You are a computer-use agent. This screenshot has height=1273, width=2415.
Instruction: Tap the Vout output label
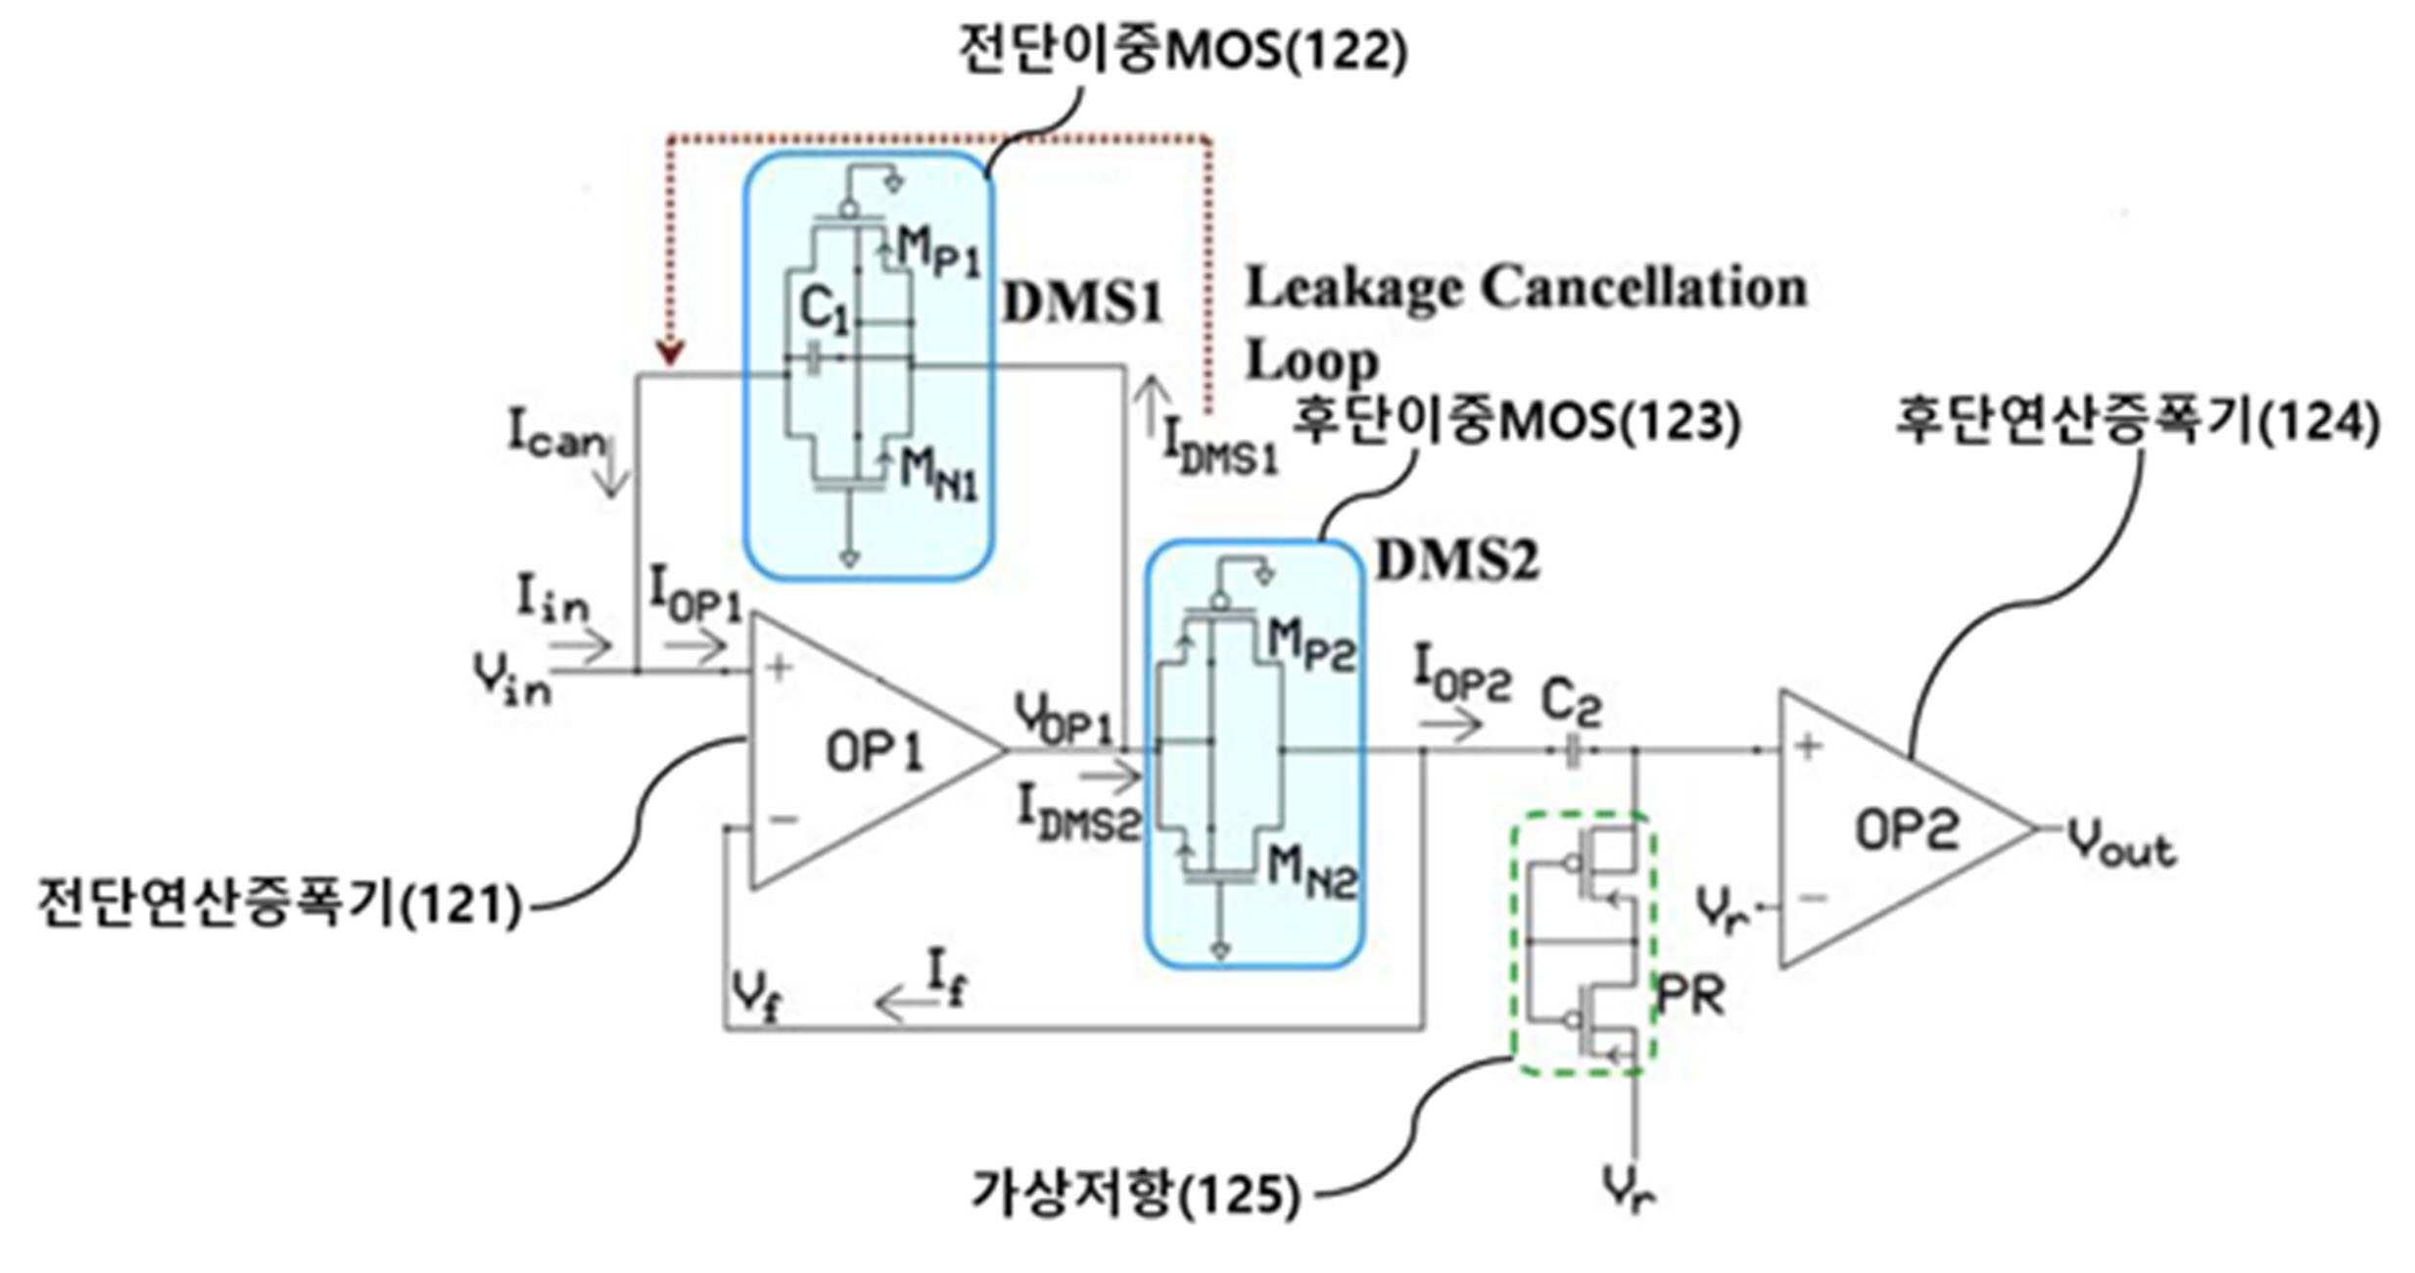(2121, 844)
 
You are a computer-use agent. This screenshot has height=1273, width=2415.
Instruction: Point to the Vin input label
(511, 678)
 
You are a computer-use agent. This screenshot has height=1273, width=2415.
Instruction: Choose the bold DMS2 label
(1457, 561)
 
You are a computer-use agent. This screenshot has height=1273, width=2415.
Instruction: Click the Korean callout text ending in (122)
(1183, 50)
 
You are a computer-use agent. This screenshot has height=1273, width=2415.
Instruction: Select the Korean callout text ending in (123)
(1517, 422)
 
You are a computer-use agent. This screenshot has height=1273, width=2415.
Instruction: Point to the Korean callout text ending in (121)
(279, 903)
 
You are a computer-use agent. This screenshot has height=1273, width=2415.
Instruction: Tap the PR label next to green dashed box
(1689, 996)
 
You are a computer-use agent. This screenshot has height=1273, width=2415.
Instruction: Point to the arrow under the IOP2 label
(1453, 725)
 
